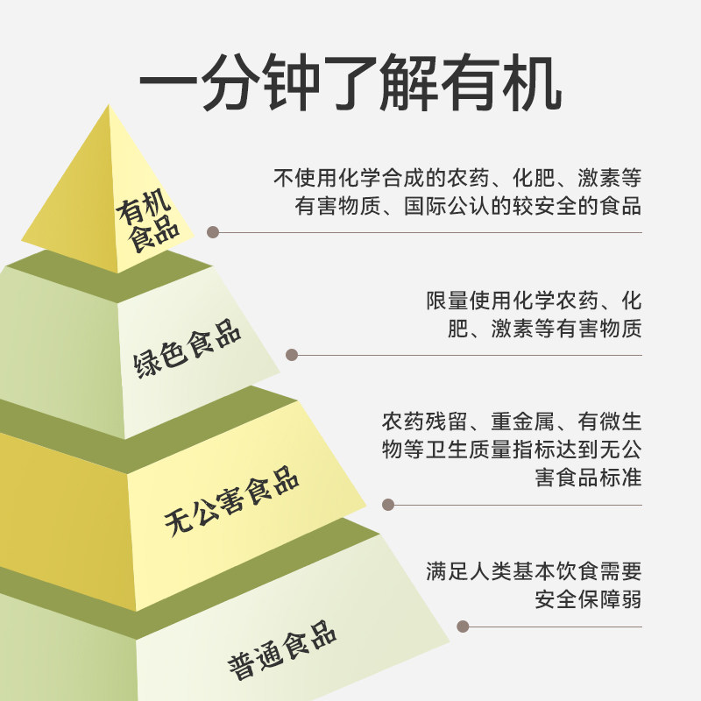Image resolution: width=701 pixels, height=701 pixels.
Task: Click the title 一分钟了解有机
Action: pyautogui.click(x=350, y=82)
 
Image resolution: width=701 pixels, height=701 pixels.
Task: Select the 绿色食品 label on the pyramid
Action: pyautogui.click(x=187, y=349)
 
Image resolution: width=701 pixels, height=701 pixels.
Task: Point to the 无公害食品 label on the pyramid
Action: pyautogui.click(x=231, y=500)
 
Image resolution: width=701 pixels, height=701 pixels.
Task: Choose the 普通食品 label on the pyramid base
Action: pyautogui.click(x=282, y=650)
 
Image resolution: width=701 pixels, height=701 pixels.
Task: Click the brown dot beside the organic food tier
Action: pyautogui.click(x=213, y=232)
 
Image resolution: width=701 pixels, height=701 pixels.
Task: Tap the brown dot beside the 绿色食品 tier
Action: pyautogui.click(x=292, y=355)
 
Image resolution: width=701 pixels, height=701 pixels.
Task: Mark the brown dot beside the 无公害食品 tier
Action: pyautogui.click(x=388, y=505)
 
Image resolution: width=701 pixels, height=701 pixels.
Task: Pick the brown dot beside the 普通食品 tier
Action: pyautogui.click(x=463, y=626)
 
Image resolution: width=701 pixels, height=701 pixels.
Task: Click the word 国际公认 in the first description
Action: pyautogui.click(x=447, y=206)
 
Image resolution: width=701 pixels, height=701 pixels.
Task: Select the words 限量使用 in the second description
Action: pyautogui.click(x=469, y=301)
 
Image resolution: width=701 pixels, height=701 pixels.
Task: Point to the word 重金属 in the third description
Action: pyautogui.click(x=522, y=421)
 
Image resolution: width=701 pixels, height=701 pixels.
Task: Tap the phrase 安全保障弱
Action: pyautogui.click(x=588, y=599)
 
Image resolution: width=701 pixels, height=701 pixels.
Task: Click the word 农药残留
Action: pyautogui.click(x=424, y=421)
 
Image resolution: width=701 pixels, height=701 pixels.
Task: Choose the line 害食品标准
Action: pyautogui.click(x=588, y=477)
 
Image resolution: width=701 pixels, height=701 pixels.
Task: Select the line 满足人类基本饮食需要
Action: pyautogui.click(x=534, y=571)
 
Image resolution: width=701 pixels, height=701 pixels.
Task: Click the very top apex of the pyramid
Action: pyautogui.click(x=109, y=105)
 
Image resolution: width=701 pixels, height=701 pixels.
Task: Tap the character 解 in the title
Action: pyautogui.click(x=408, y=82)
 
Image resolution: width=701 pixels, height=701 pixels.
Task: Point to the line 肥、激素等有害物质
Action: pyautogui.click(x=544, y=329)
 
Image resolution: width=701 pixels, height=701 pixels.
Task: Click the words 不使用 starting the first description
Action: pyautogui.click(x=305, y=178)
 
